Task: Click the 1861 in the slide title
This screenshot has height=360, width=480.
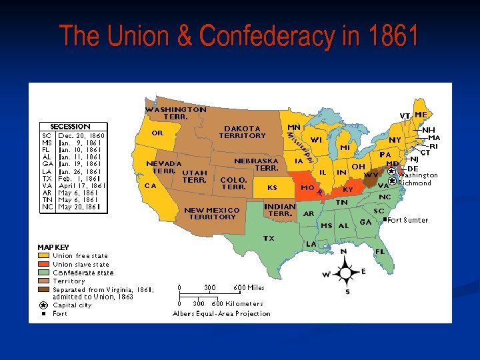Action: tap(388, 35)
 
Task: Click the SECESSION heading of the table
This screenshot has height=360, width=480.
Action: tap(71, 127)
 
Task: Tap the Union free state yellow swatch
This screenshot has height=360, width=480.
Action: tap(43, 255)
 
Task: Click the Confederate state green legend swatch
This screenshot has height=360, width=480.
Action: tap(43, 273)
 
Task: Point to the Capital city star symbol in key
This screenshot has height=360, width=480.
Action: tap(43, 305)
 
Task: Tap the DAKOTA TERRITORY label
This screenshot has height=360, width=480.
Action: tap(243, 132)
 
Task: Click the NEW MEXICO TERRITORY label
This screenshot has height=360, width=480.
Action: tap(212, 213)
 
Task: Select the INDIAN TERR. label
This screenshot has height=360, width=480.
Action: tap(280, 210)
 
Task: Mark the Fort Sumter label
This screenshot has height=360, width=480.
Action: tap(408, 220)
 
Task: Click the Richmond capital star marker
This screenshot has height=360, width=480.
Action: tap(392, 181)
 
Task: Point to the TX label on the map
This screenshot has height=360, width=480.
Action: tap(269, 238)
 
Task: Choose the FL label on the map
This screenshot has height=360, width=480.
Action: tap(380, 252)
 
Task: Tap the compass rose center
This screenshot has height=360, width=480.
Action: tap(345, 272)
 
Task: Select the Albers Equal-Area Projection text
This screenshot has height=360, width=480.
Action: tap(221, 313)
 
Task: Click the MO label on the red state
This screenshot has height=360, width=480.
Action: tap(307, 188)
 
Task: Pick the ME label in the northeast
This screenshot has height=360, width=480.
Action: tap(421, 115)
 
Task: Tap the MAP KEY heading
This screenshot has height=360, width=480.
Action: tap(53, 247)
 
